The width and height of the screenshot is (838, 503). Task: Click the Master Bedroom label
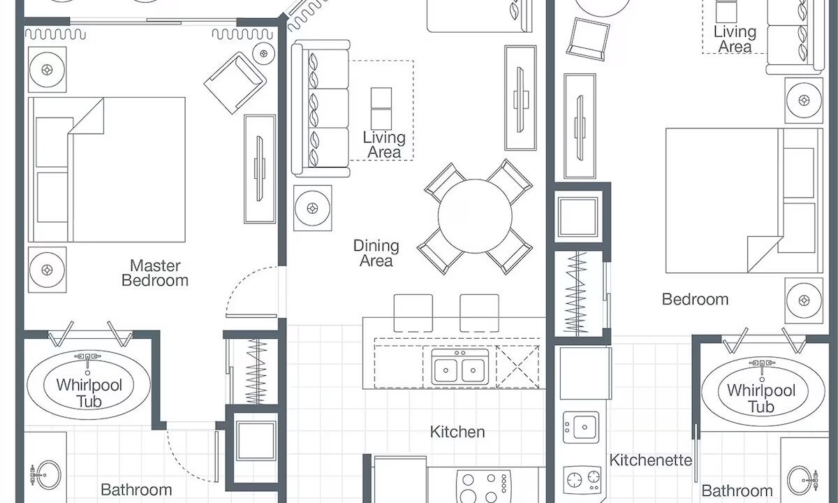coord(155,273)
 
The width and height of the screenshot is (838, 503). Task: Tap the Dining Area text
coord(376,254)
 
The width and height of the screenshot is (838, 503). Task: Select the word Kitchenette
coord(651,460)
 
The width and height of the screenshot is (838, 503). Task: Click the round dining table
coord(475,217)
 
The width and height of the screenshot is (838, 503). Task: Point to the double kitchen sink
coord(460,367)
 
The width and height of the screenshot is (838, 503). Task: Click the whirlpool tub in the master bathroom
coord(89,384)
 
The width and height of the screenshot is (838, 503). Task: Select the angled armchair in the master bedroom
coord(235,82)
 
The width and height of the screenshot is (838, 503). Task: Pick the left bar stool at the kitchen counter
coord(413,313)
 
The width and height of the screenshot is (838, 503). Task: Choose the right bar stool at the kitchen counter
coord(479,313)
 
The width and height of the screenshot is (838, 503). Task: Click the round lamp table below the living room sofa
coord(312,208)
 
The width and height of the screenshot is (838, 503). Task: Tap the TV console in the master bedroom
coord(260,169)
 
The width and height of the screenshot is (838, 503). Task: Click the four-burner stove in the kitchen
coord(484,486)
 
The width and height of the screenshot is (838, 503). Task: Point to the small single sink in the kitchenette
coord(581,428)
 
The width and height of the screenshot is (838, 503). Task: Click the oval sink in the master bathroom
coord(48,475)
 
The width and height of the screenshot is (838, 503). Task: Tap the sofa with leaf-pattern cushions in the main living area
coord(321,108)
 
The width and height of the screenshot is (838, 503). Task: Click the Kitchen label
coord(457,432)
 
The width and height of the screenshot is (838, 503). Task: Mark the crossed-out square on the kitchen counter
coord(517,367)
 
